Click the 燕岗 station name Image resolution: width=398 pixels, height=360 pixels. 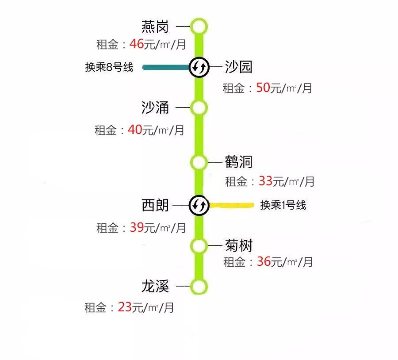(155, 27)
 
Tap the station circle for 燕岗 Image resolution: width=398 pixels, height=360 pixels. (199, 27)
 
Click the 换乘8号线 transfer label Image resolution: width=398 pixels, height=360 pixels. (109, 67)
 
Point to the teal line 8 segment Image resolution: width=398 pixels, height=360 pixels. (166, 67)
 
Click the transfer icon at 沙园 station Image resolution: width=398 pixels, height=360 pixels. (199, 67)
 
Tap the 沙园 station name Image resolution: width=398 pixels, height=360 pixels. (238, 67)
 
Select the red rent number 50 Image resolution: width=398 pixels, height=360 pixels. (263, 88)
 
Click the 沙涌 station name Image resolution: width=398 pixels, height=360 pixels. (155, 107)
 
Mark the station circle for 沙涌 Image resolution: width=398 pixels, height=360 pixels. (199, 107)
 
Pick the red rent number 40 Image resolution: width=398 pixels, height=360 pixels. (135, 130)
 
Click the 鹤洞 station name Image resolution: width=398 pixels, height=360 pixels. (238, 162)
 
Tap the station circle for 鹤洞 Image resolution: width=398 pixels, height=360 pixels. (199, 162)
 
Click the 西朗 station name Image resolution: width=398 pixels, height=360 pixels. (155, 205)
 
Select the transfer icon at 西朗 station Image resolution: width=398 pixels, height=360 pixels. (199, 205)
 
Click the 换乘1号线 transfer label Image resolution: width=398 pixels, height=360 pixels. (283, 205)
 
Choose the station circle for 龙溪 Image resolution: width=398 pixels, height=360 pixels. (199, 286)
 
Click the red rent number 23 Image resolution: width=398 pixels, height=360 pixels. (125, 307)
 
